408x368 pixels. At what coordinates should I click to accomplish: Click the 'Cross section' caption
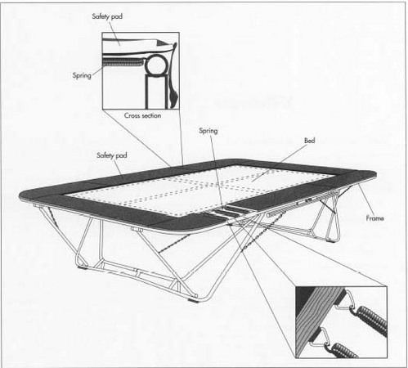(x=142, y=115)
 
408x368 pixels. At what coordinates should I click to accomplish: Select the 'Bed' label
(x=309, y=141)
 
